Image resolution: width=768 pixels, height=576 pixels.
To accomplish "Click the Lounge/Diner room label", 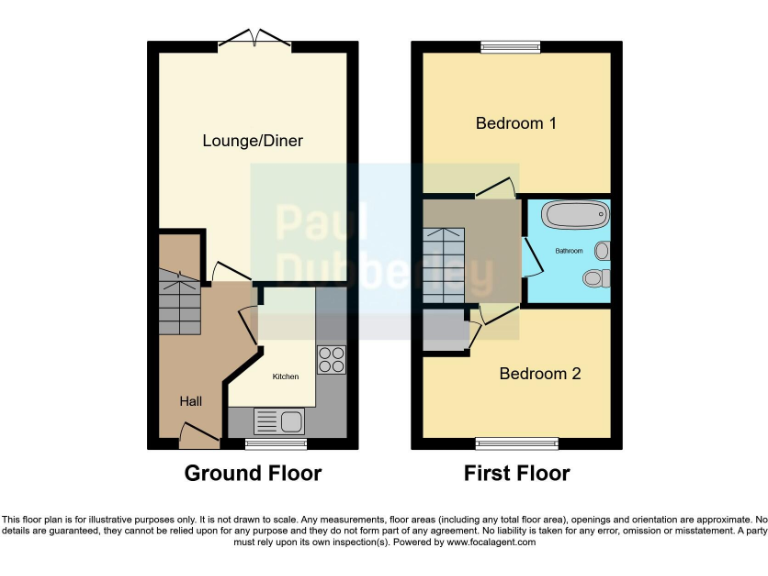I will pos(252,141).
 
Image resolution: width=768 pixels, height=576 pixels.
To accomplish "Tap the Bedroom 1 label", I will pos(516,124).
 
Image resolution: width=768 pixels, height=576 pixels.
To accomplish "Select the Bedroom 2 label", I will pos(540,374).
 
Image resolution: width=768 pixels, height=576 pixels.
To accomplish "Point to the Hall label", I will pos(190,401).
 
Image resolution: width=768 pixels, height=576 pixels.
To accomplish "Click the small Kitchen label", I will pos(286,377).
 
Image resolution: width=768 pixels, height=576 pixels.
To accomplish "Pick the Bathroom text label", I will pos(569,251).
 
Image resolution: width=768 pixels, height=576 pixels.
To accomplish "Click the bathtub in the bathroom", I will pos(576,216).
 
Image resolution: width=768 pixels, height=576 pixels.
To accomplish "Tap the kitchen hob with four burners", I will pos(331,359).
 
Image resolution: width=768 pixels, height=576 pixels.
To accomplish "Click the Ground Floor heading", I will pos(253,473).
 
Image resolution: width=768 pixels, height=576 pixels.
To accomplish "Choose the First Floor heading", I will pos(517,473).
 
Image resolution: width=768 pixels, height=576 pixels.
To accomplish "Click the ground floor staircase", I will pos(181,303).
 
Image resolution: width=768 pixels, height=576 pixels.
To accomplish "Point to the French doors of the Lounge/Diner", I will pos(253,40).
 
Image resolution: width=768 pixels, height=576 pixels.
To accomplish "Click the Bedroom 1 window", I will pos(510,46).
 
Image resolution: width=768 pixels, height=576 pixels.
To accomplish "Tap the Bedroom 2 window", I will pos(516,441).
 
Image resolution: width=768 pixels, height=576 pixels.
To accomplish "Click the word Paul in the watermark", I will pos(321,223).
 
